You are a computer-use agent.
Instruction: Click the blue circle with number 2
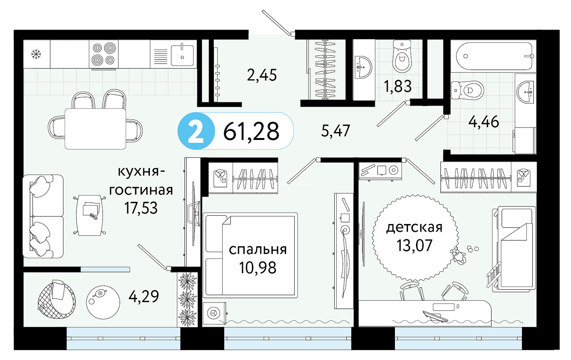[x=196, y=131]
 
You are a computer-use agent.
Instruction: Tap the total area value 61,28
[x=251, y=132]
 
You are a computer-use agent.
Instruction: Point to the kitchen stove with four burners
[x=103, y=54]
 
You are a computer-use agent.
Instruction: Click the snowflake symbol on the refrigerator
[x=36, y=54]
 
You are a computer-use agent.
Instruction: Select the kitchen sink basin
[x=182, y=55]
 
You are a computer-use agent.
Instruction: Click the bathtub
[x=494, y=56]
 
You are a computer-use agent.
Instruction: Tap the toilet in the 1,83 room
[x=402, y=56]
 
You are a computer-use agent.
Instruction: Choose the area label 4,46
[x=484, y=122]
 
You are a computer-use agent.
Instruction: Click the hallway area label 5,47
[x=335, y=131]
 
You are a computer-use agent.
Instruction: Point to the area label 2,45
[x=262, y=75]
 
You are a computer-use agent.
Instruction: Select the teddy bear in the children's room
[x=458, y=256]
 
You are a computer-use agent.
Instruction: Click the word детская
[x=414, y=228]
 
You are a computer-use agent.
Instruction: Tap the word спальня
[x=258, y=250]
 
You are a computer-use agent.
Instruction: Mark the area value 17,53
[x=141, y=208]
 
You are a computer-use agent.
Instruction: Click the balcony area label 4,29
[x=144, y=296]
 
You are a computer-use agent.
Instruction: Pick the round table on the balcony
[x=103, y=303]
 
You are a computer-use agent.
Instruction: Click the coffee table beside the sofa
[x=90, y=215]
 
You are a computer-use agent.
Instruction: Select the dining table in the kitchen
[x=95, y=129]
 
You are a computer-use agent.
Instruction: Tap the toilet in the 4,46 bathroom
[x=467, y=90]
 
